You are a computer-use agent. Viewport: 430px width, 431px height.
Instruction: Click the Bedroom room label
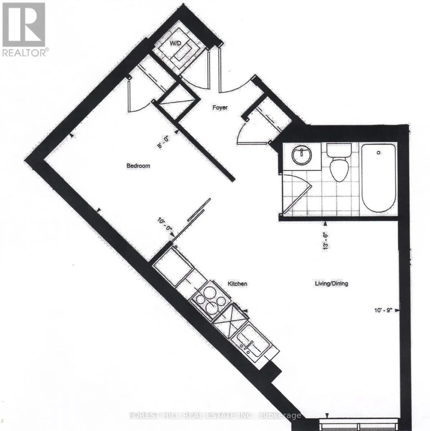[138, 166]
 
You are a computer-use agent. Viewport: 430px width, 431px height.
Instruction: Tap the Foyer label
[220, 107]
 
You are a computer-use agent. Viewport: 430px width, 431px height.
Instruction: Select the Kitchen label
[237, 284]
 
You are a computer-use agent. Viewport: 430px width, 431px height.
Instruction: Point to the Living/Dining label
[331, 284]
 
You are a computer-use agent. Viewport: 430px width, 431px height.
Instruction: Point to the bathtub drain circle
[378, 153]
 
